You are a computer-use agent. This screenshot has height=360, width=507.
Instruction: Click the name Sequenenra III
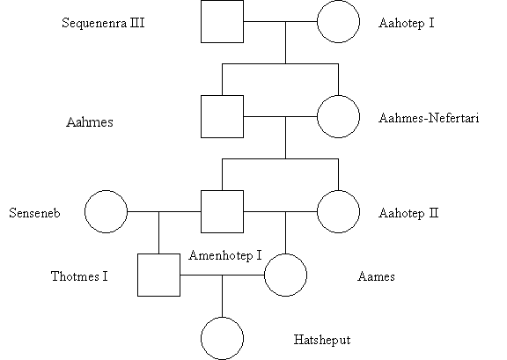(103, 23)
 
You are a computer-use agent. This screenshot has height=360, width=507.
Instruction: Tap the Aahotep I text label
(407, 23)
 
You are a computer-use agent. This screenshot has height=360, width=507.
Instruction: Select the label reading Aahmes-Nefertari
(429, 118)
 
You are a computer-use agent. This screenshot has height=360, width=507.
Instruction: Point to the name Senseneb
(34, 213)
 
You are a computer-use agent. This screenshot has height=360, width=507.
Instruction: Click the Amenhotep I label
(225, 255)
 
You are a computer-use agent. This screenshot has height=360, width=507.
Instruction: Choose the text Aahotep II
(408, 213)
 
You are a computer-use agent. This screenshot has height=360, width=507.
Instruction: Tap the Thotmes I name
(79, 276)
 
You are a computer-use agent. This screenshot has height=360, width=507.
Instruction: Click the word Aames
(376, 276)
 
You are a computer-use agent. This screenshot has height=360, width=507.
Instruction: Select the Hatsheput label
(322, 340)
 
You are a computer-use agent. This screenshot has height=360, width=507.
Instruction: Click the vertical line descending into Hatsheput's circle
(222, 297)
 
